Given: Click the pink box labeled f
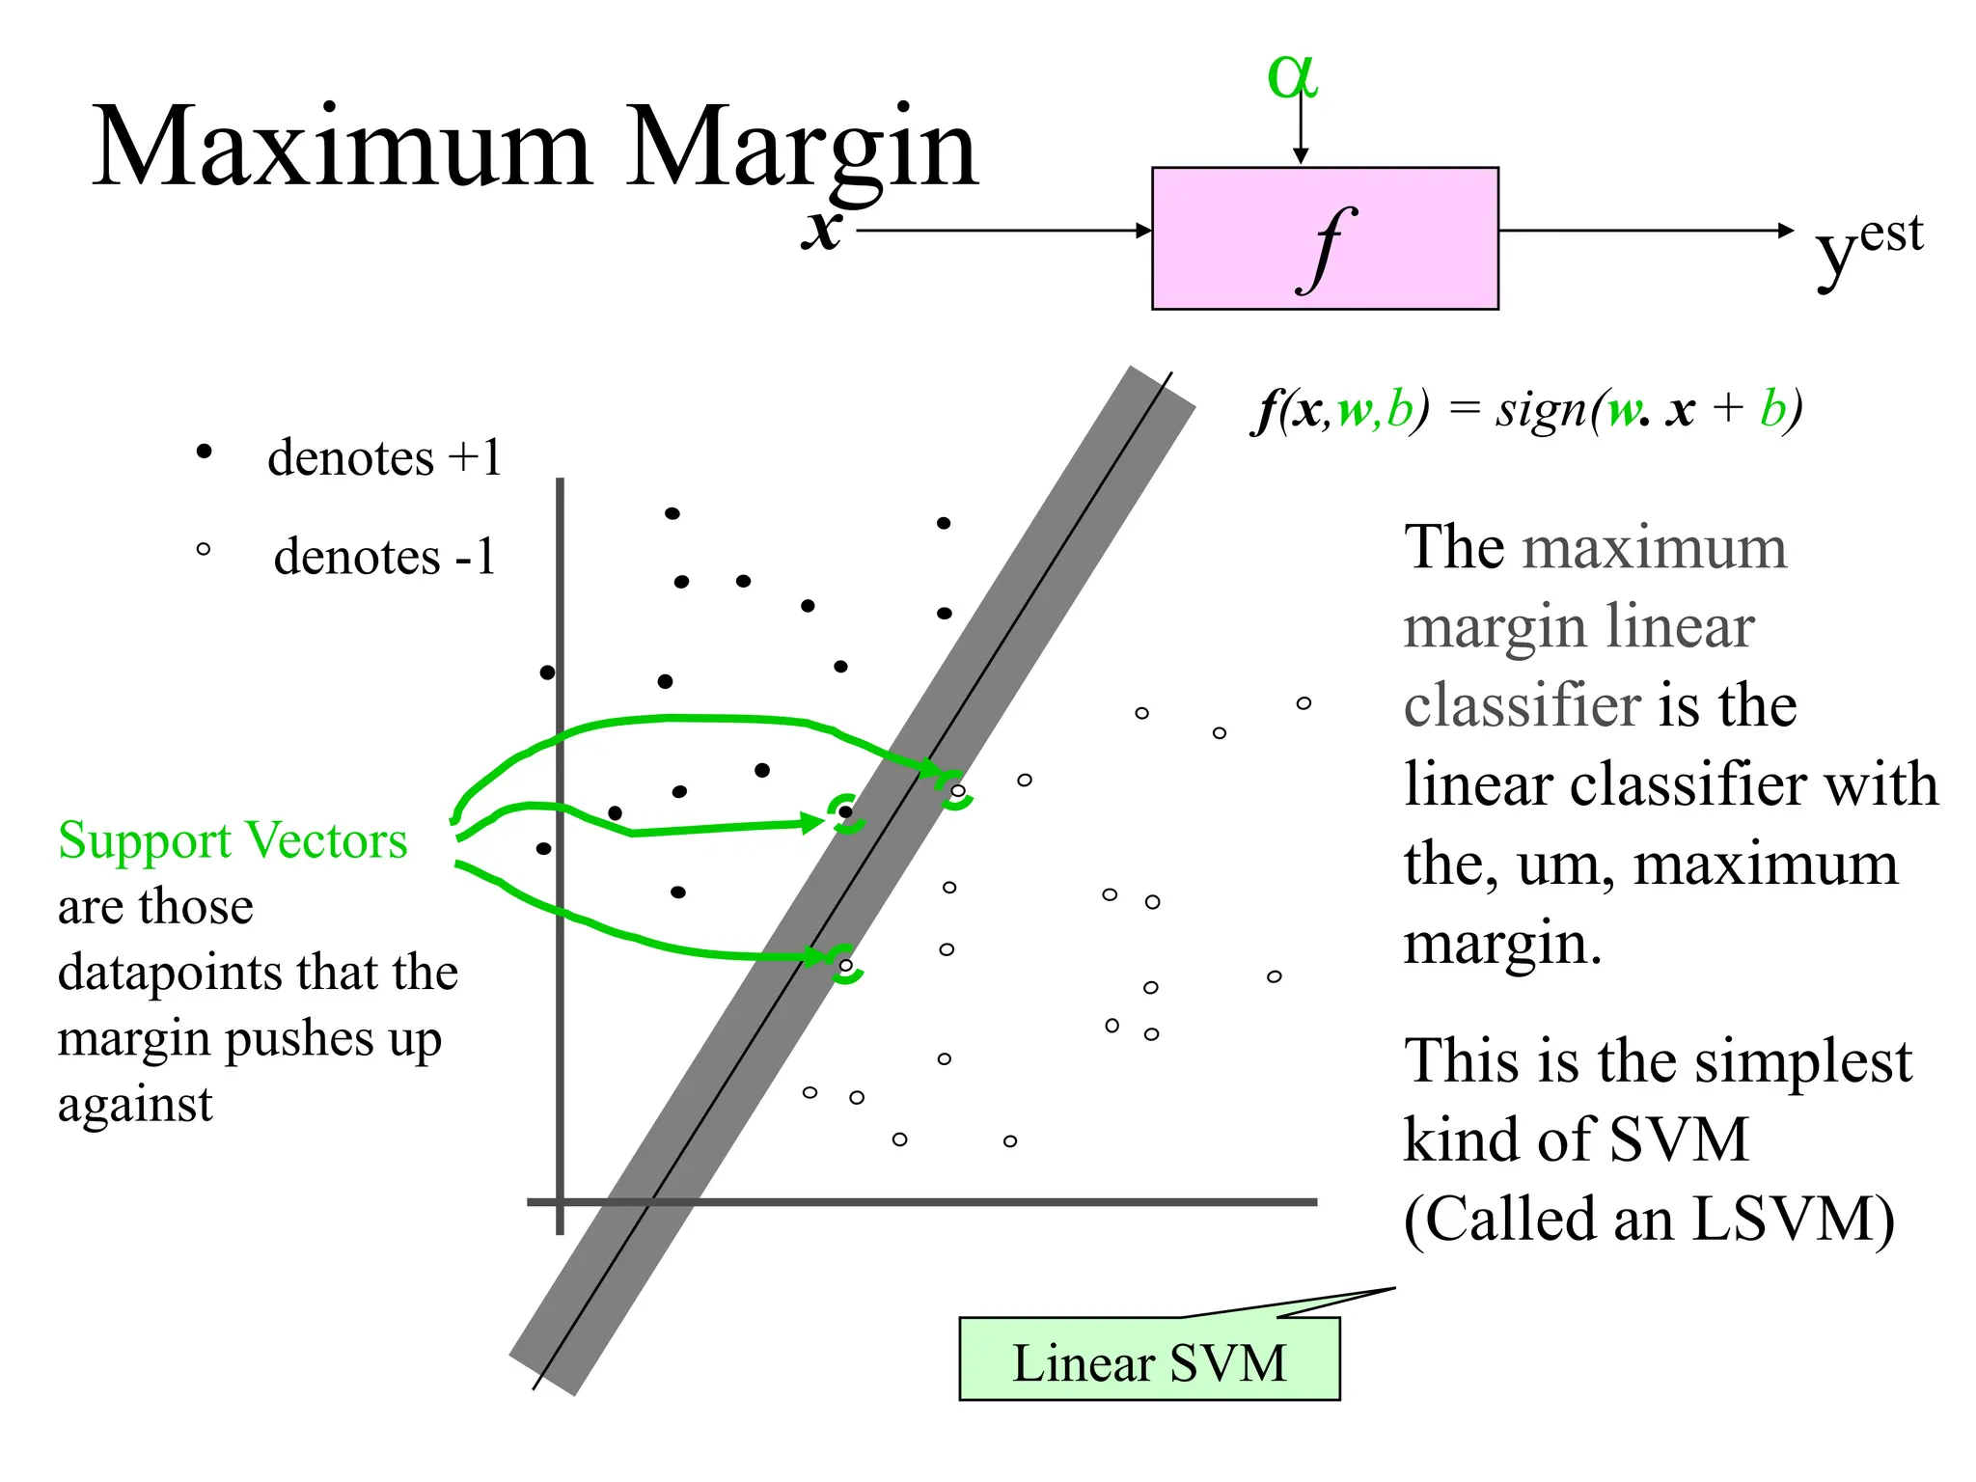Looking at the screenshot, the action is point(1324,238).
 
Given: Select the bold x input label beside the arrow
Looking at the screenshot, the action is point(822,230).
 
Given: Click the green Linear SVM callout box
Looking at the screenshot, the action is point(1148,1359).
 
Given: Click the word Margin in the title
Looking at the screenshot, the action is point(802,151).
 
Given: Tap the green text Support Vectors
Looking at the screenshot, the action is point(233,840).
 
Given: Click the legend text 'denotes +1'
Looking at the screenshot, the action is point(384,457).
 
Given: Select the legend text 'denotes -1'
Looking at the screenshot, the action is point(384,557).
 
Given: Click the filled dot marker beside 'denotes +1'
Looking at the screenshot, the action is point(204,452).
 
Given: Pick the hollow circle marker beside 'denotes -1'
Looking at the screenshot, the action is point(203,550).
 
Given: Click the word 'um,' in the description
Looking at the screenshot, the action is point(1565,864).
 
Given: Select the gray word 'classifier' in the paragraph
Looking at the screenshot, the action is point(1522,705).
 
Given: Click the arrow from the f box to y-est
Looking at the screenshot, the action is point(1645,231).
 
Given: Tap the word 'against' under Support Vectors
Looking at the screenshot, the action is point(135,1106).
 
